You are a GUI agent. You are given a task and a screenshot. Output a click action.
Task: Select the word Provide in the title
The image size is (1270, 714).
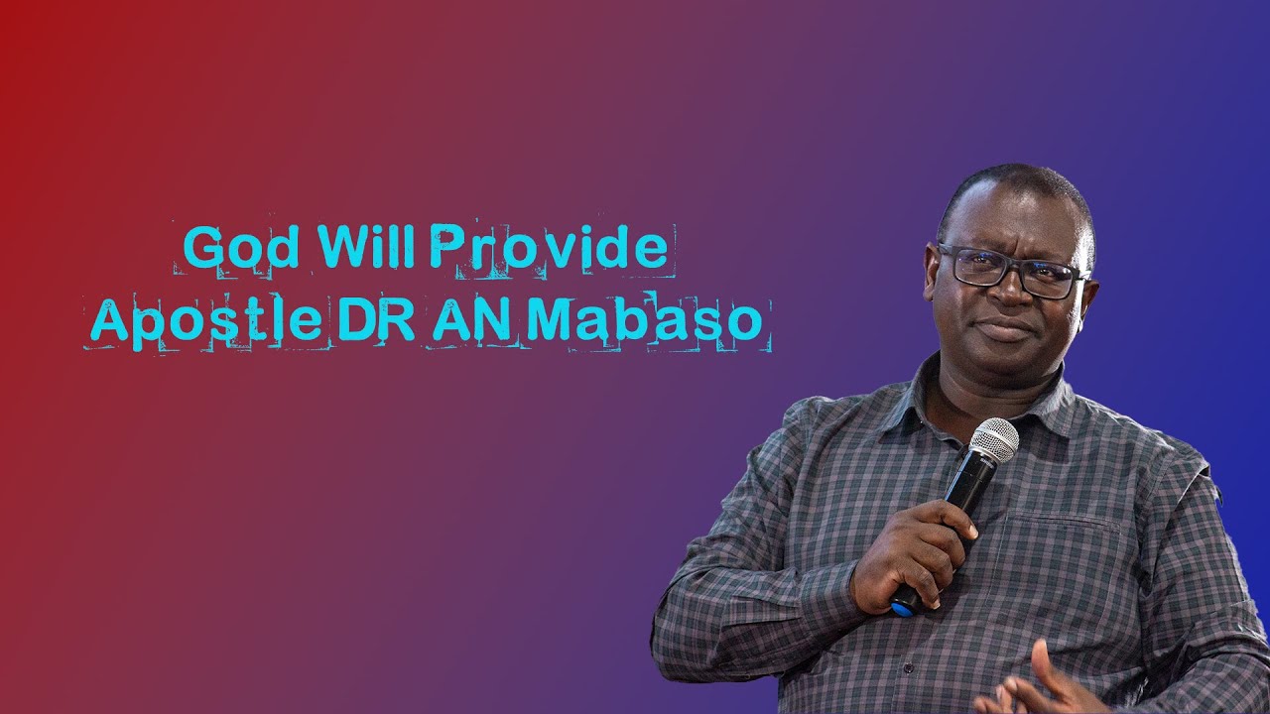tap(549, 248)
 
